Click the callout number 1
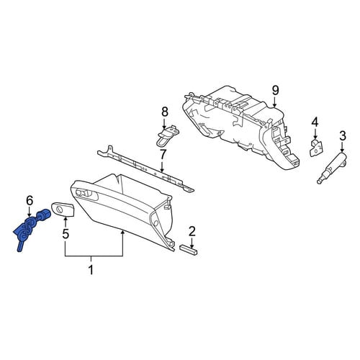(91, 270)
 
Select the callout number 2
(192, 232)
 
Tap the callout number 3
(343, 136)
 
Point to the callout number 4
(315, 122)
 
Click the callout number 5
(66, 234)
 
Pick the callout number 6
(30, 201)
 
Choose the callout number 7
(163, 155)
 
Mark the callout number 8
(164, 112)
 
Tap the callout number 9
(275, 91)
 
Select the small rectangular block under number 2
(189, 250)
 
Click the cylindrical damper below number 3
(332, 168)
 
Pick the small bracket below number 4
(315, 148)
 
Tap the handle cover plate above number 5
(63, 209)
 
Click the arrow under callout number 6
(30, 212)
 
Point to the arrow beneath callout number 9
(275, 102)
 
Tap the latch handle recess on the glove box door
(86, 194)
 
